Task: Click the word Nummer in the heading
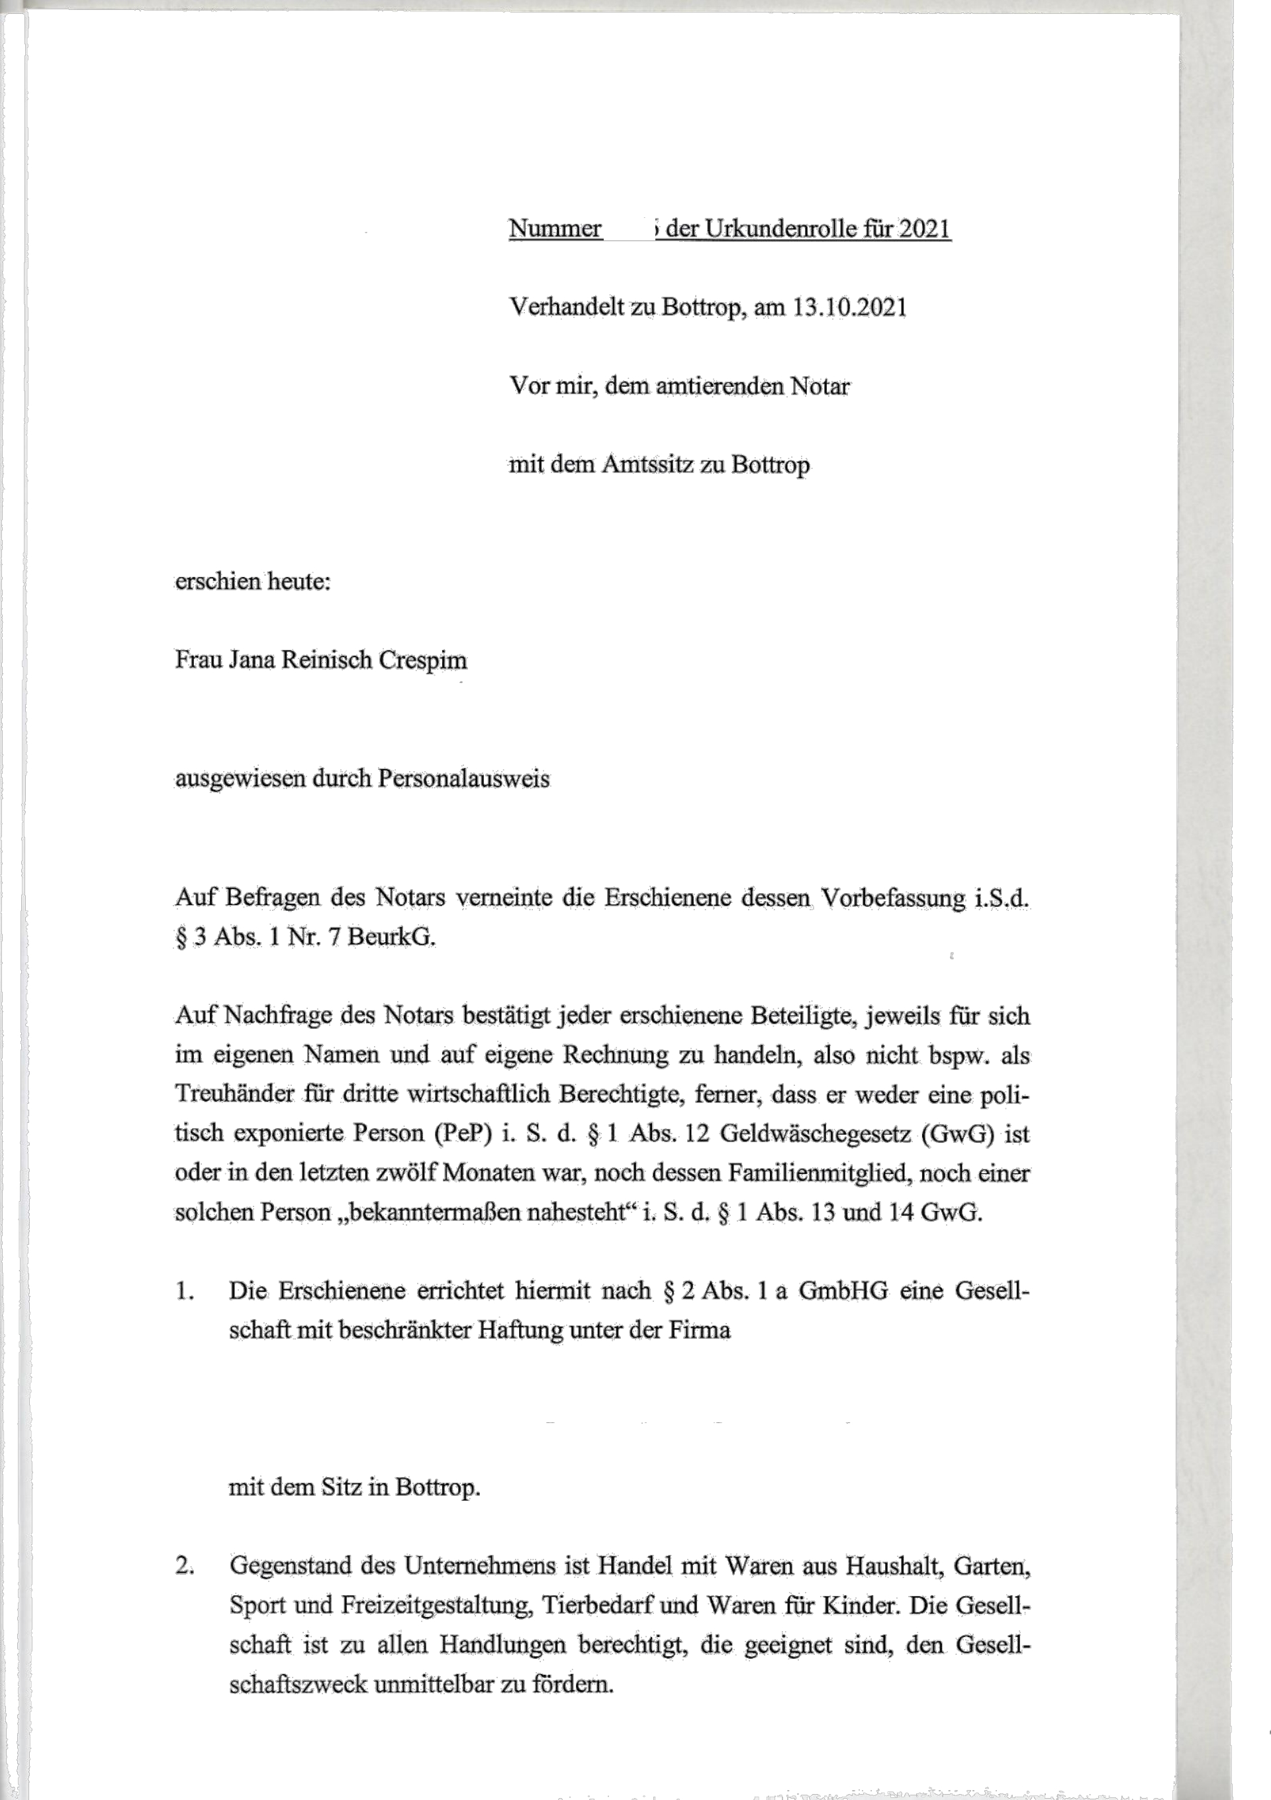coord(555,229)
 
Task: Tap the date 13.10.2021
coord(849,307)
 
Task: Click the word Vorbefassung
coord(892,898)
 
